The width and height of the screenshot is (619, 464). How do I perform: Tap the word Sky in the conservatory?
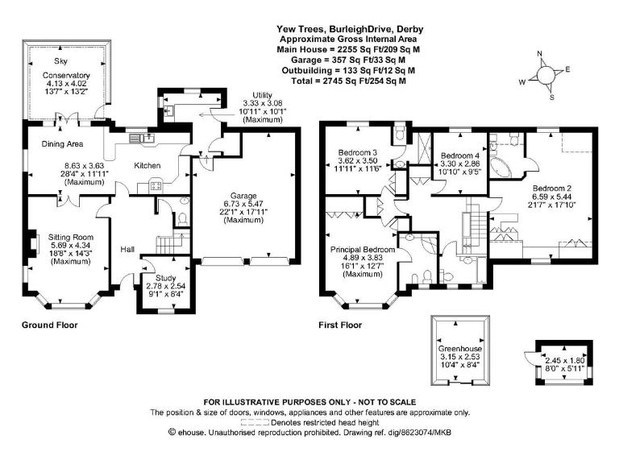pyautogui.click(x=61, y=60)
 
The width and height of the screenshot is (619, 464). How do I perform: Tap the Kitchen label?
pyautogui.click(x=147, y=165)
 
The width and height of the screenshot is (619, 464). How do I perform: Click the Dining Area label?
pyautogui.click(x=52, y=144)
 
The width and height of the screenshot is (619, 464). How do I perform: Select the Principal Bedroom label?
pyautogui.click(x=360, y=251)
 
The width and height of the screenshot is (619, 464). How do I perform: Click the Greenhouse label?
pyautogui.click(x=459, y=347)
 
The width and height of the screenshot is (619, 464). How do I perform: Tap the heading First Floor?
pyautogui.click(x=343, y=326)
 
